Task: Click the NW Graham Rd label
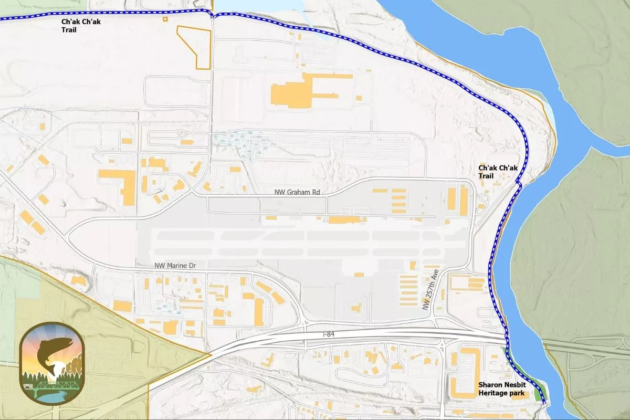297,192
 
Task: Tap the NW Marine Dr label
175,266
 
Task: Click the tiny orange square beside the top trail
165,19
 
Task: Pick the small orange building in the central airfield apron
359,274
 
